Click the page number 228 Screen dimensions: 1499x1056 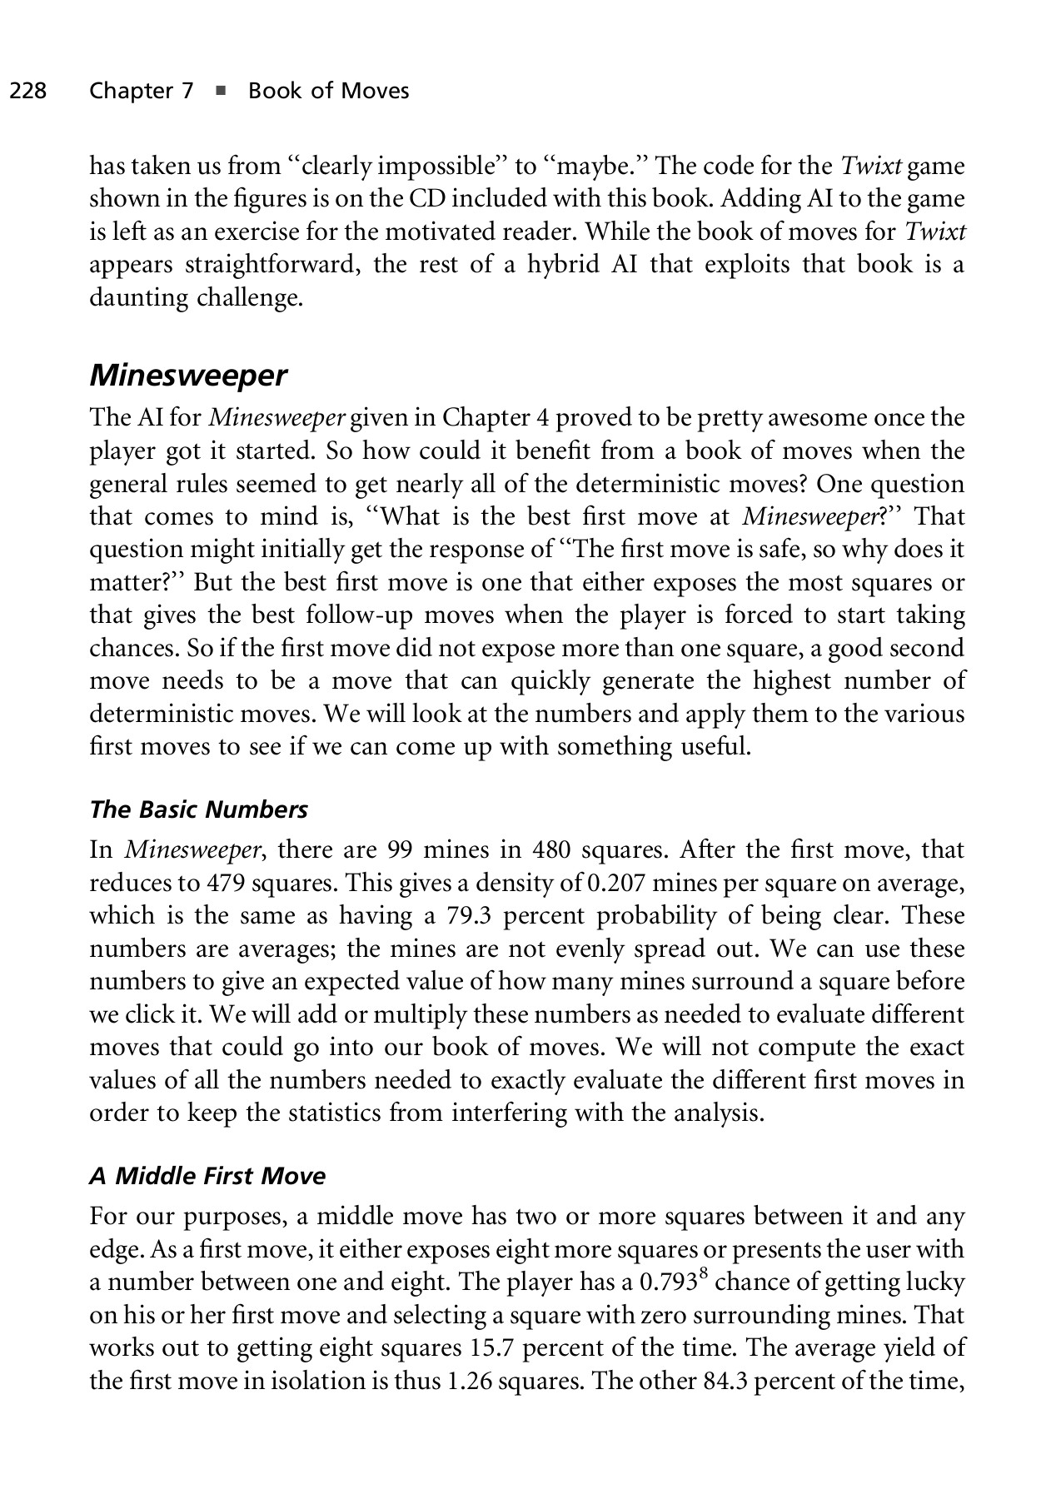(27, 91)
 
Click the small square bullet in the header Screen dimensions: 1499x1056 (221, 91)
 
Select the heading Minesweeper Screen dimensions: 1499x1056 (187, 376)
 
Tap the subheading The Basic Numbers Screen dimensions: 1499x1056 (198, 809)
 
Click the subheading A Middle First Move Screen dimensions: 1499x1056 (207, 1176)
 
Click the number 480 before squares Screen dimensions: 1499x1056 (553, 850)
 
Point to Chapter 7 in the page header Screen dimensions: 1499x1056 (142, 91)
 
